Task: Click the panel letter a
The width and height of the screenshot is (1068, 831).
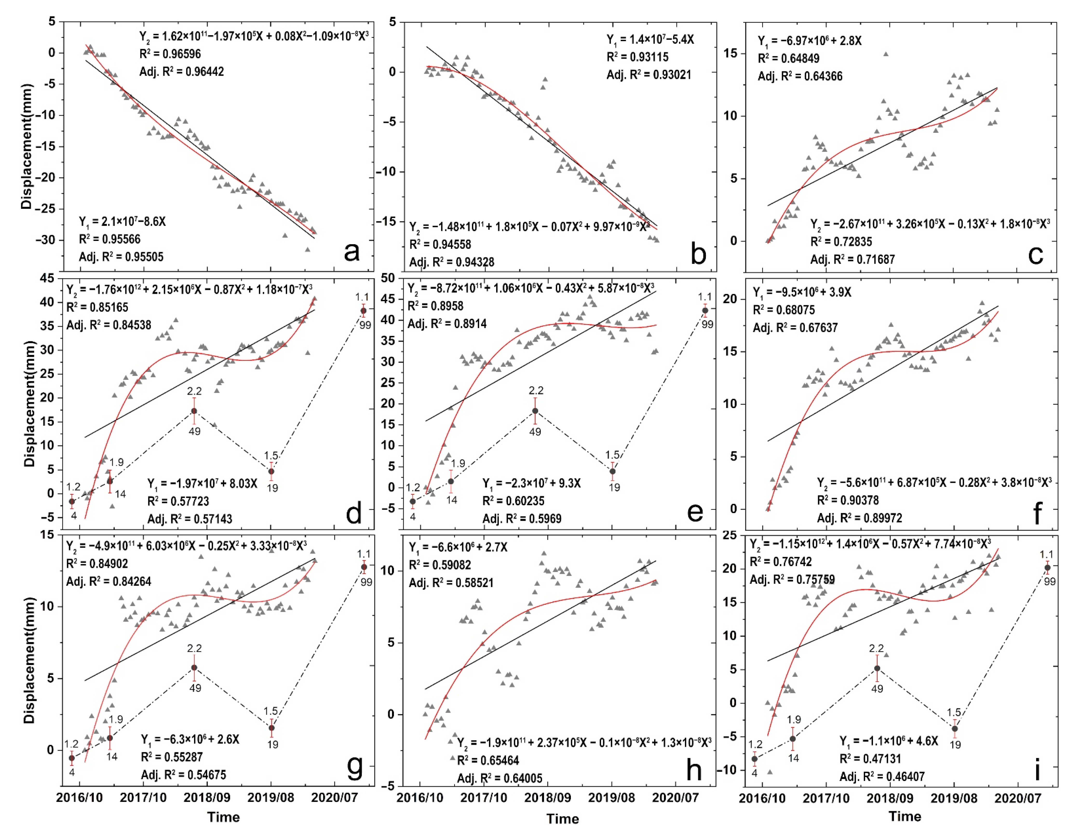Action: (x=351, y=252)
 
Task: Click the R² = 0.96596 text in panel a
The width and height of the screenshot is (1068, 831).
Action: (x=170, y=54)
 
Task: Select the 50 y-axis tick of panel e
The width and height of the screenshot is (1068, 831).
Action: (x=388, y=278)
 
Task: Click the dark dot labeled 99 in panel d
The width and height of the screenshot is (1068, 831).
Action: (x=363, y=311)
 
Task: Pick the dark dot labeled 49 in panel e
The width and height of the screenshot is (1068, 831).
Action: (x=535, y=411)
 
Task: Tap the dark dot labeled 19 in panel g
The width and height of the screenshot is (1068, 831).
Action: (x=272, y=728)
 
